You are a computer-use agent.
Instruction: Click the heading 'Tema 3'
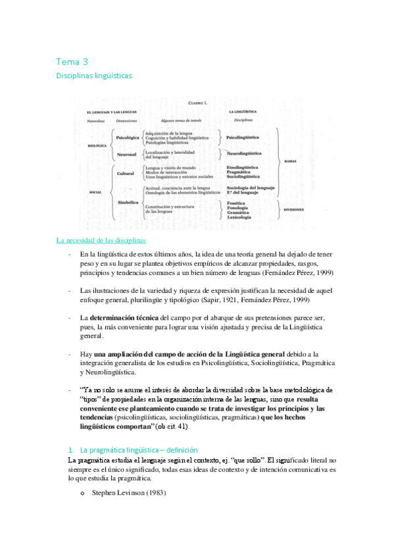(72, 62)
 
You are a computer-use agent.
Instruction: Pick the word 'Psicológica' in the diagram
(127, 138)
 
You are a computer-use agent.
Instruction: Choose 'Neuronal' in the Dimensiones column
(126, 155)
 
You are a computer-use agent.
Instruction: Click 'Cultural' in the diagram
(125, 173)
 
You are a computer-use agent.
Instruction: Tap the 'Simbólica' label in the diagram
(128, 202)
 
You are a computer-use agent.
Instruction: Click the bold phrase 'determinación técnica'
(124, 317)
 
